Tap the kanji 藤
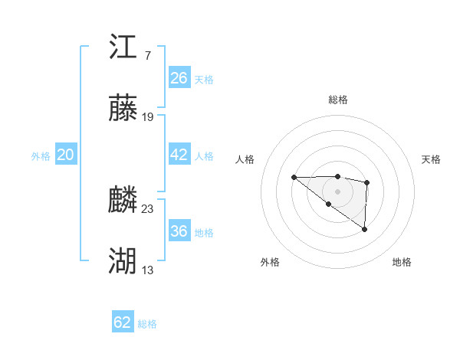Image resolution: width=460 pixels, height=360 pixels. pos(123,108)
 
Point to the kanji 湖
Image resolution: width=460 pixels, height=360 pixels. pos(123,261)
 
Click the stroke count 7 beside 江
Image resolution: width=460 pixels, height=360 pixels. pos(147,55)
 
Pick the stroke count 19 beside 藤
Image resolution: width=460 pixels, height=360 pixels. pos(148,117)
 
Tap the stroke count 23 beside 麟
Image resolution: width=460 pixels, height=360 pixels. pos(148,208)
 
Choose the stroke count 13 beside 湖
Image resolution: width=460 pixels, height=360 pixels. pos(148,270)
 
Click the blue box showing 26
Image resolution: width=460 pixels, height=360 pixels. pos(179,78)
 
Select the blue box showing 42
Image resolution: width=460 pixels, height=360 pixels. pos(179,155)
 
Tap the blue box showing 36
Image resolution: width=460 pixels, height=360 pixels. pos(179,231)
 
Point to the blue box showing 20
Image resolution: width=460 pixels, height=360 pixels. pos(66,155)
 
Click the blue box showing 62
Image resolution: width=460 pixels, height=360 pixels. pos(123,322)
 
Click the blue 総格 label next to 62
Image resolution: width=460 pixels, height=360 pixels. pos(148,324)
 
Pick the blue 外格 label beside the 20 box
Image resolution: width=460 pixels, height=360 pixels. pos(41,156)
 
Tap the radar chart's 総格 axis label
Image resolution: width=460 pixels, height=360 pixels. pos(337,100)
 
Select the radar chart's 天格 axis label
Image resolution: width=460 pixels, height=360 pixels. pos(431,159)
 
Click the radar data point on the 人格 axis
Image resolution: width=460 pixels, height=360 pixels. pos(294,178)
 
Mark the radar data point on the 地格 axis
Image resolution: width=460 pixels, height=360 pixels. pos(364,229)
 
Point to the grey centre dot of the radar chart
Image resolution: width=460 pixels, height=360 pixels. pos(337,191)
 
